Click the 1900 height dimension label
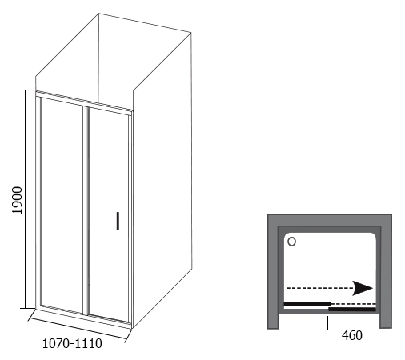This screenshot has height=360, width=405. click(18, 200)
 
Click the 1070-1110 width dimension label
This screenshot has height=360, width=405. click(72, 343)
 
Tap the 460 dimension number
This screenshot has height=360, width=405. click(352, 335)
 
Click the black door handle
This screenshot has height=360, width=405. click(118, 221)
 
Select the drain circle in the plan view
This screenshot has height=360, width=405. click(291, 242)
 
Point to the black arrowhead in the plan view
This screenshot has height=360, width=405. click(363, 288)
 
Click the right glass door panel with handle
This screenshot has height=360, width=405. click(109, 214)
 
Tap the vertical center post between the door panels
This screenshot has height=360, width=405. click(86, 210)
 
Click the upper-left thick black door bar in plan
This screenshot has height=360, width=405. click(307, 304)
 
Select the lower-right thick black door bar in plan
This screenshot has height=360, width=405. click(352, 310)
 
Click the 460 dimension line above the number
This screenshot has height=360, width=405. click(351, 326)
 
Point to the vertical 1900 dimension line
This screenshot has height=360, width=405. click(26, 199)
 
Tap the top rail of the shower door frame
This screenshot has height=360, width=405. click(84, 101)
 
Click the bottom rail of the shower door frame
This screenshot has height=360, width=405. click(84, 318)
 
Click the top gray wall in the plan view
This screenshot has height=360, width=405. click(330, 220)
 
